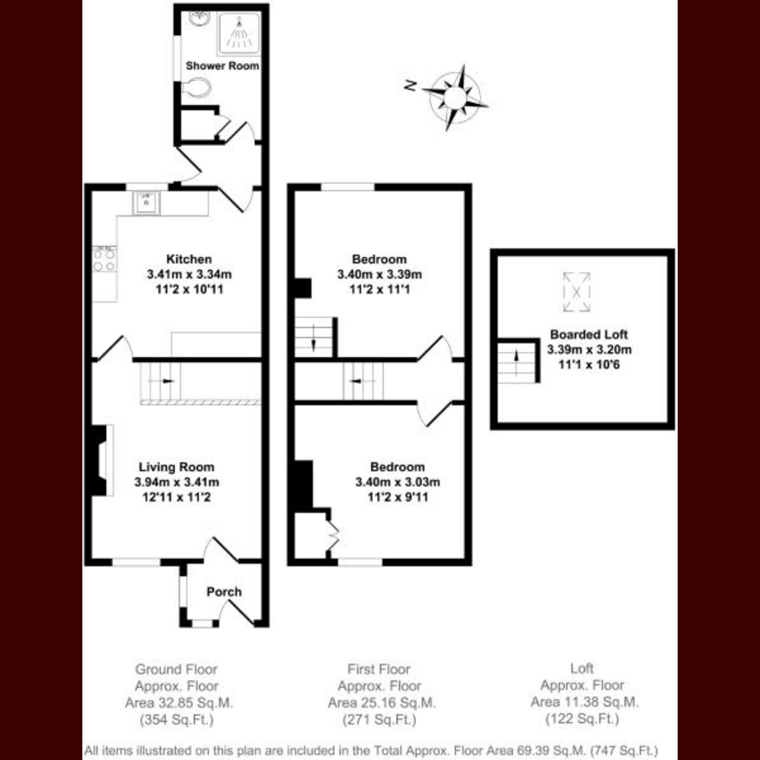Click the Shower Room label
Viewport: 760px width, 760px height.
(x=222, y=66)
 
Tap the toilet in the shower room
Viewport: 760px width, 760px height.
(x=196, y=88)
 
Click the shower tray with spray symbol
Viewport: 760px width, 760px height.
(x=239, y=34)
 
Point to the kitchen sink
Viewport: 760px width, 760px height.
(x=146, y=203)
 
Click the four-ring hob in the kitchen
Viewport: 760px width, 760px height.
(x=104, y=259)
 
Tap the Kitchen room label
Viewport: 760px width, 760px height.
(x=189, y=259)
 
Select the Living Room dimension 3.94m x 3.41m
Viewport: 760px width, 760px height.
(x=177, y=482)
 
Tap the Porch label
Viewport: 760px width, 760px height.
(x=224, y=592)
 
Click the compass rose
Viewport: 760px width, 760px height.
(x=455, y=97)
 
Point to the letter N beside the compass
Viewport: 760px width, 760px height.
(x=410, y=85)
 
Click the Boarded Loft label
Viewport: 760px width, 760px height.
(x=589, y=334)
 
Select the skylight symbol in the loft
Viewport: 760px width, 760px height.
(x=576, y=292)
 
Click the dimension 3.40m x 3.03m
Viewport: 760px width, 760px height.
(x=398, y=482)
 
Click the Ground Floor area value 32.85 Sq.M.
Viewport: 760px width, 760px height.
(x=179, y=703)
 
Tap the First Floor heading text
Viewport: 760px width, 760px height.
(x=379, y=669)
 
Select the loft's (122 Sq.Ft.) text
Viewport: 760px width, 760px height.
(x=582, y=719)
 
